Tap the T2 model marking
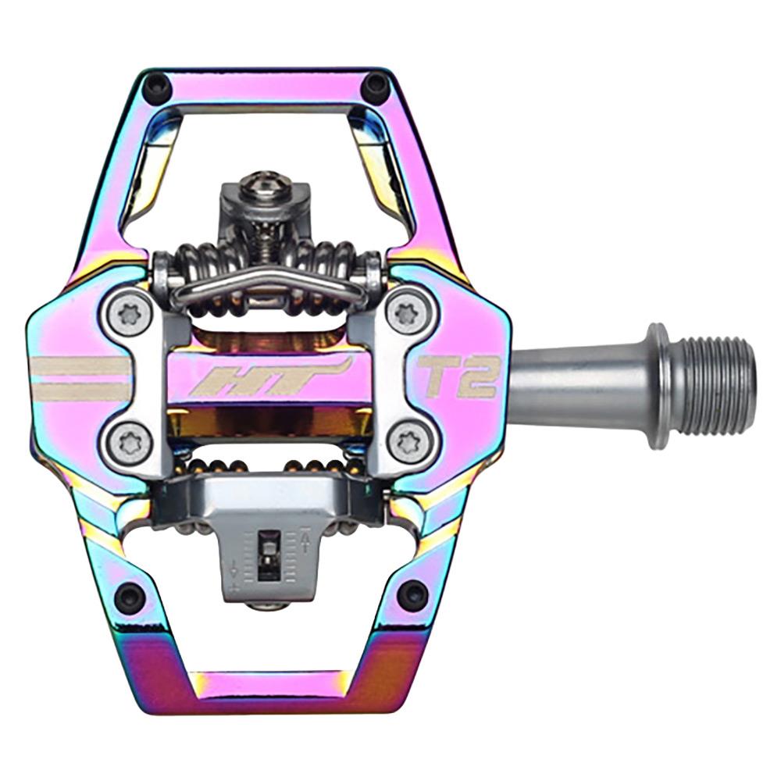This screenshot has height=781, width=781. [x=459, y=376]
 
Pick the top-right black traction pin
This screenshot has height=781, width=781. [x=376, y=84]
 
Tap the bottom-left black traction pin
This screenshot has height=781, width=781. [x=129, y=597]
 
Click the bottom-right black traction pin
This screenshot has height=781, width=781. [x=412, y=595]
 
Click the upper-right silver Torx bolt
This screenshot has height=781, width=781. [x=407, y=315]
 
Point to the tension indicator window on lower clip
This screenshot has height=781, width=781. [x=269, y=553]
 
